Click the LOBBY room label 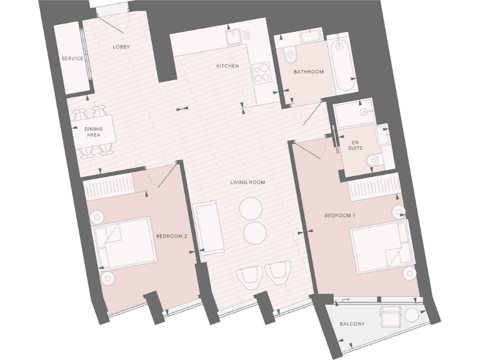coord(121,47)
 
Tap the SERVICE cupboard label coord(72,59)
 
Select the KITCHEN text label coord(227,66)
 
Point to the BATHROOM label coord(309,72)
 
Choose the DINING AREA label coord(93,132)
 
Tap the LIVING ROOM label coord(247,182)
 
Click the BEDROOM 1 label coord(339,216)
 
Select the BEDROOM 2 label coord(172,236)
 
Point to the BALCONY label coord(352,324)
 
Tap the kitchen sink coord(236,34)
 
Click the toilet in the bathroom coord(289,57)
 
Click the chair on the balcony coord(391,317)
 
